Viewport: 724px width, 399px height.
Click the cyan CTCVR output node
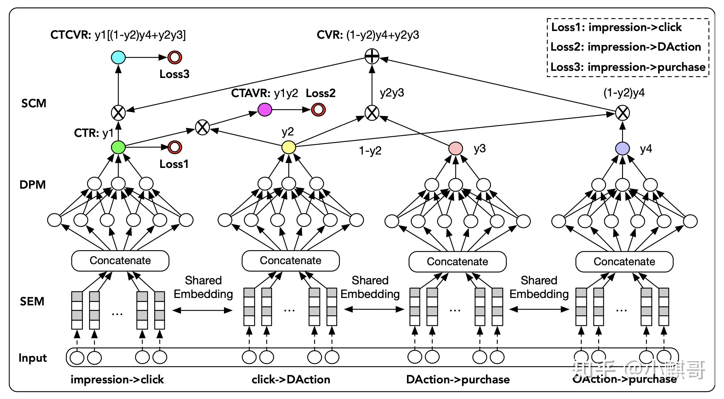(118, 57)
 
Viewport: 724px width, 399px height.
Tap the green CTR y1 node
(118, 147)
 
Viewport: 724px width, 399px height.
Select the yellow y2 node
(289, 147)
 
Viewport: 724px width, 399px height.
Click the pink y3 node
(455, 149)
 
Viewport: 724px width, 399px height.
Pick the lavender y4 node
(622, 149)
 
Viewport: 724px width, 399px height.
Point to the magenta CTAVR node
(265, 110)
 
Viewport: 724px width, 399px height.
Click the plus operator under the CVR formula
(372, 56)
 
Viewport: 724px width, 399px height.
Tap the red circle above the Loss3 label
(175, 57)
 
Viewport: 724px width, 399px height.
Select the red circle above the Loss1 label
(175, 147)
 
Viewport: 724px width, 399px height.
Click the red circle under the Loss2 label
(318, 110)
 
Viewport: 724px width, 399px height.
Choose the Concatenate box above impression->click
(120, 261)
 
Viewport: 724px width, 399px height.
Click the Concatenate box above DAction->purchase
(457, 262)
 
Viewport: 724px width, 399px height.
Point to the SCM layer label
(34, 103)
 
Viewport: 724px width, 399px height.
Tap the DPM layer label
(32, 185)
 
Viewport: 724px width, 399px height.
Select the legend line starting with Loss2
(626, 47)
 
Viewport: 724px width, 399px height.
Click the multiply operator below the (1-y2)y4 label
(622, 113)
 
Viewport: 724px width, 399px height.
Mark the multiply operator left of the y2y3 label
(372, 113)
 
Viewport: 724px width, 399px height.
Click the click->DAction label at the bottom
(291, 380)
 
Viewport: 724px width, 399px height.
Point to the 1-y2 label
(370, 151)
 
